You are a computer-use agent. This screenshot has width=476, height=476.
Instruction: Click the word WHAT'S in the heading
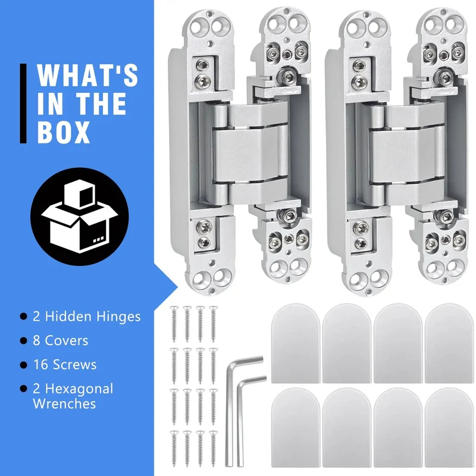point(87,75)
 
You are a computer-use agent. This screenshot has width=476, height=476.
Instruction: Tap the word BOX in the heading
point(64,132)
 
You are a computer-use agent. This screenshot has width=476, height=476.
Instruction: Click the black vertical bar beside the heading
point(23,103)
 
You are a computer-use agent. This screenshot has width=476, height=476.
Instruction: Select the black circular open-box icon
point(80,217)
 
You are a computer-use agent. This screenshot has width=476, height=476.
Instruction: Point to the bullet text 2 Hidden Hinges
point(87,317)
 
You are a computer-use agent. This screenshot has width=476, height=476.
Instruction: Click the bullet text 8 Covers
point(61,340)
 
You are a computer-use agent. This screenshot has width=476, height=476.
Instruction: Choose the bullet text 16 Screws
point(65,364)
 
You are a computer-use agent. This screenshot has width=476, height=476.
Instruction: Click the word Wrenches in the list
point(64,404)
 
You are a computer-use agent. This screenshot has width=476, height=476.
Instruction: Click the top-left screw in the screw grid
point(174,324)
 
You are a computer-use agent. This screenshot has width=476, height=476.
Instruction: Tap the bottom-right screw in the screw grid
point(214,449)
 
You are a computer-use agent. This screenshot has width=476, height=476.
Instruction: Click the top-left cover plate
point(295,343)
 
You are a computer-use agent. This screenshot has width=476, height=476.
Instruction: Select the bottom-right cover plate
point(449,427)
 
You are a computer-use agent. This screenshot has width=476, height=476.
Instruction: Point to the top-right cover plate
point(449,343)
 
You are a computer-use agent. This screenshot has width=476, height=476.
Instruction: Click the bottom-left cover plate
point(295,427)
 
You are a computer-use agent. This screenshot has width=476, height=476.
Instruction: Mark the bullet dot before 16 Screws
point(23,365)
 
